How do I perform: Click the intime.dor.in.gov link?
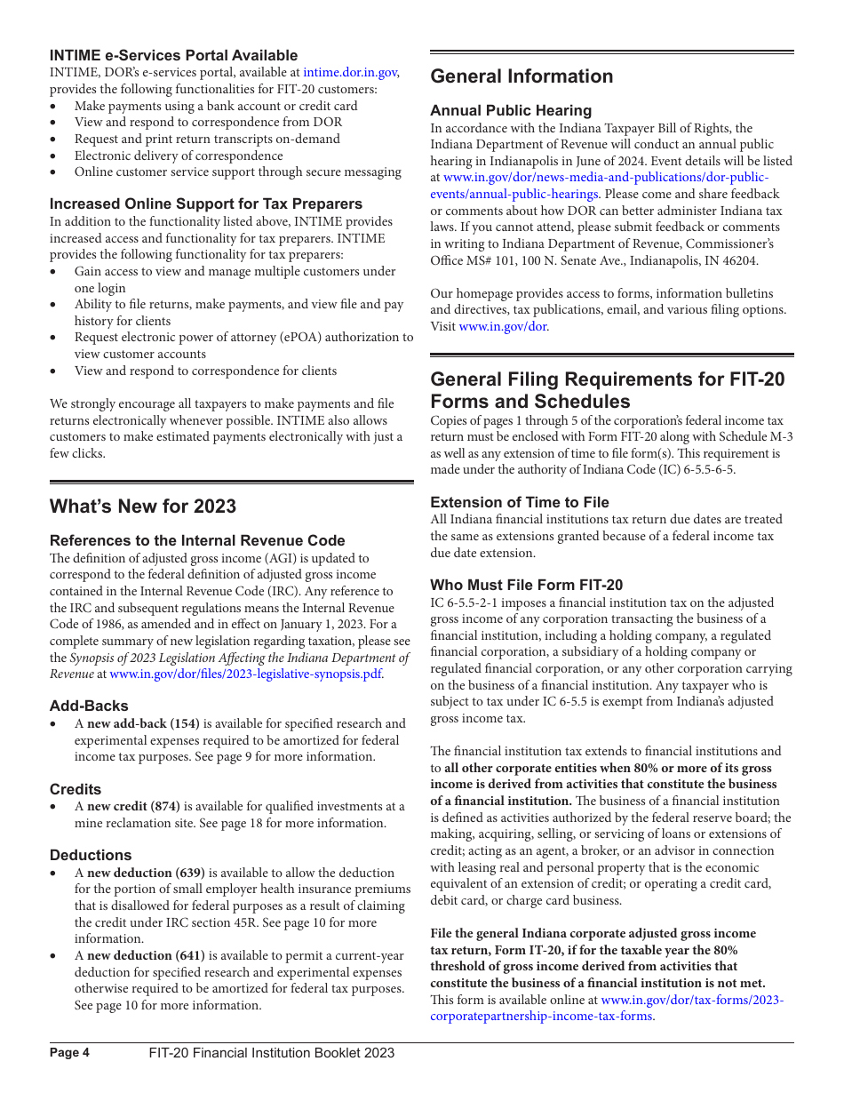pyautogui.click(x=350, y=73)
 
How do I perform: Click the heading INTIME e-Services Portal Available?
pyautogui.click(x=173, y=55)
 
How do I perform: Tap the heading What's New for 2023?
pyautogui.click(x=143, y=507)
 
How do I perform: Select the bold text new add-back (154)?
pyautogui.click(x=143, y=723)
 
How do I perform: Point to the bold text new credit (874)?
pyautogui.click(x=133, y=806)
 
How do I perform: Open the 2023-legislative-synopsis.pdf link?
pyautogui.click(x=246, y=674)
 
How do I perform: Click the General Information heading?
pyautogui.click(x=522, y=76)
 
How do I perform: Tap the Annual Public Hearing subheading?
pyautogui.click(x=511, y=110)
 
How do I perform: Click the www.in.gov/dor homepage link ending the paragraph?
pyautogui.click(x=502, y=327)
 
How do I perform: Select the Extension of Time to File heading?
pyautogui.click(x=520, y=502)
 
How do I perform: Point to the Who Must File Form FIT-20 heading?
pyautogui.click(x=526, y=585)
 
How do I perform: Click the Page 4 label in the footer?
pyautogui.click(x=69, y=1053)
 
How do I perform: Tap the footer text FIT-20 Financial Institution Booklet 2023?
pyautogui.click(x=271, y=1053)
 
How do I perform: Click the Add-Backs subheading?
pyautogui.click(x=89, y=706)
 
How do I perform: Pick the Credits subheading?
pyautogui.click(x=76, y=789)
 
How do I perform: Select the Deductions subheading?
pyautogui.click(x=91, y=855)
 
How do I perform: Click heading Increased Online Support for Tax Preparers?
pyautogui.click(x=205, y=203)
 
